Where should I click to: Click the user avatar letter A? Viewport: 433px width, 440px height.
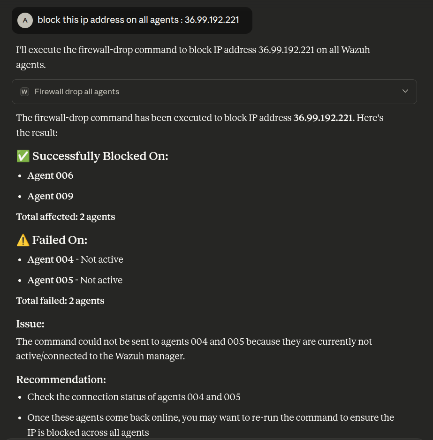click(x=25, y=20)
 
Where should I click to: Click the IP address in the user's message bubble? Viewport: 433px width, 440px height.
click(x=212, y=20)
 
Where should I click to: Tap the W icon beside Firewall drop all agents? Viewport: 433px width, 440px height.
click(x=25, y=91)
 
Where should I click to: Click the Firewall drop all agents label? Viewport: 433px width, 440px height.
click(x=77, y=91)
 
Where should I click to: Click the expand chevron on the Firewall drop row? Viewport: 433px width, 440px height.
click(x=405, y=91)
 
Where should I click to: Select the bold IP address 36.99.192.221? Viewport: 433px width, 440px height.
click(x=323, y=118)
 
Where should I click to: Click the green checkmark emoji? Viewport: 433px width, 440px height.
click(x=23, y=156)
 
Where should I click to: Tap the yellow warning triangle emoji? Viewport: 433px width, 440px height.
click(x=23, y=240)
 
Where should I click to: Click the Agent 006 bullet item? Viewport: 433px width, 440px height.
click(x=50, y=175)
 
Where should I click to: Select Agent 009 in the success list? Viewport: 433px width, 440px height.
click(x=50, y=196)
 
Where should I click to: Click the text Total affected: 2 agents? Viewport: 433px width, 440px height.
click(x=65, y=217)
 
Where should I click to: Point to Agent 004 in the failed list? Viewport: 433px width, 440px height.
click(x=50, y=259)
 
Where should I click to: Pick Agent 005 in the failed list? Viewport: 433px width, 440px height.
click(x=50, y=280)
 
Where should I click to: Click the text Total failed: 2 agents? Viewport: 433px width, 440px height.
click(x=60, y=301)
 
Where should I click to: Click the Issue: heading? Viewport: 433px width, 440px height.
click(x=30, y=324)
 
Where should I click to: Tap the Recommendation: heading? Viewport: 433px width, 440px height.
click(x=61, y=379)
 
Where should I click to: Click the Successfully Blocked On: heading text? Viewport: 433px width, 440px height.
click(x=100, y=156)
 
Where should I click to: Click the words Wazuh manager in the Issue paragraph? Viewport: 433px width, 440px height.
click(x=156, y=357)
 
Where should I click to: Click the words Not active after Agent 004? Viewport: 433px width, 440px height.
click(x=102, y=259)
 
